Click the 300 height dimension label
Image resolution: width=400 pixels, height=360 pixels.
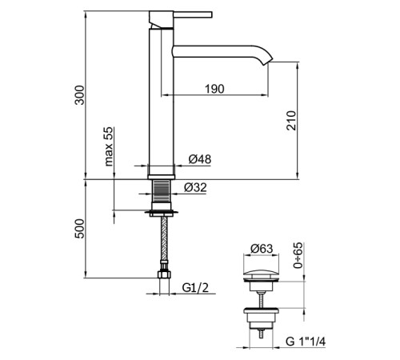[79, 95]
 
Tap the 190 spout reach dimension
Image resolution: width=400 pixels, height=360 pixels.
[214, 89]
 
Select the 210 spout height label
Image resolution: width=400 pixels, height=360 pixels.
[291, 121]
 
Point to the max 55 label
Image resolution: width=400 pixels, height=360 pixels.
[109, 146]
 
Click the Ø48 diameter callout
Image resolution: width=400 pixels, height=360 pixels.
[200, 159]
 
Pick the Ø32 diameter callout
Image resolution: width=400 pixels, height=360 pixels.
[195, 187]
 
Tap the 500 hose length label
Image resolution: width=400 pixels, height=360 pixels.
[79, 229]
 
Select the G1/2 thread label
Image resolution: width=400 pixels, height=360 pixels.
[195, 288]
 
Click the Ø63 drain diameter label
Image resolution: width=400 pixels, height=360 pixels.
[262, 249]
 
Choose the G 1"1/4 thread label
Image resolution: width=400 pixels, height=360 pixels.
[306, 342]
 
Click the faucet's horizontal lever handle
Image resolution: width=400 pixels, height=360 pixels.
[193, 14]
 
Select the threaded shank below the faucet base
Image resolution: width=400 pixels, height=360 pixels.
[162, 191]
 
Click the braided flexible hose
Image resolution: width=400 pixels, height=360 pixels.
[164, 239]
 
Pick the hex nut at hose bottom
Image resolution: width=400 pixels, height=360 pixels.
[164, 274]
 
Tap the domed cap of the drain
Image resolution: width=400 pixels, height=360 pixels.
[261, 274]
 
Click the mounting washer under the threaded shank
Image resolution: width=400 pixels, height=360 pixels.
[162, 213]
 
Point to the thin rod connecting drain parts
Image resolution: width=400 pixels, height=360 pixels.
[261, 299]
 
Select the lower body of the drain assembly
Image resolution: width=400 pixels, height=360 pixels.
[261, 320]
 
